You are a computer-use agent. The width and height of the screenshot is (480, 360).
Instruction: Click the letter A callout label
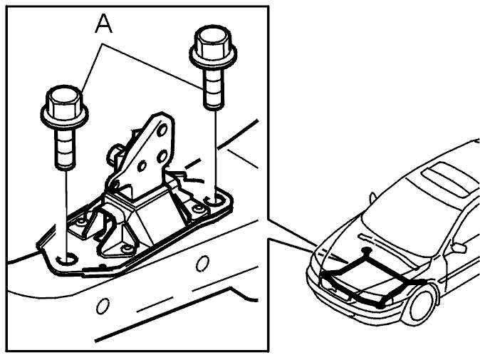coord(104,24)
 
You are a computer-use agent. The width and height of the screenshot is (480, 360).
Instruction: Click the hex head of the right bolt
coord(212,41)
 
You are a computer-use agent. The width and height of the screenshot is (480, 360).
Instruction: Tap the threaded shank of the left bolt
coord(65,148)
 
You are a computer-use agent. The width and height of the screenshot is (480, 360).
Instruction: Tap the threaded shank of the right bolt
coord(213,88)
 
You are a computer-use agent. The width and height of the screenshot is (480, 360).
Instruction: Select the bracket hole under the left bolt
coord(66,259)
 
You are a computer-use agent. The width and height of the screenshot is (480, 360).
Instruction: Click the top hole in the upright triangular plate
coord(162,130)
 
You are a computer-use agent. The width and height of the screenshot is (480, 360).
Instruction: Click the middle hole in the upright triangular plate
coord(162,157)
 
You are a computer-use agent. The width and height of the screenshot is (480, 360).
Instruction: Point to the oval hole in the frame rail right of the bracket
coord(202,264)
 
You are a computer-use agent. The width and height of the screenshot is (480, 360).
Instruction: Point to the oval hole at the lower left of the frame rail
coord(103,305)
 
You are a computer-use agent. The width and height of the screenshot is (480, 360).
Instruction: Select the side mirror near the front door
coord(458,247)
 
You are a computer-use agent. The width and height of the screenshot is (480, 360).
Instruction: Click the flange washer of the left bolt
coord(64,117)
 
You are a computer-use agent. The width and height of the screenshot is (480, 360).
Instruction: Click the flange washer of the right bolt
coord(213,58)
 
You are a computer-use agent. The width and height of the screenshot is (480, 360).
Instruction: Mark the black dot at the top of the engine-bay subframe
coord(365,251)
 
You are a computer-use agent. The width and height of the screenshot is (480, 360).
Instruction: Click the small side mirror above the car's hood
coord(372,198)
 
